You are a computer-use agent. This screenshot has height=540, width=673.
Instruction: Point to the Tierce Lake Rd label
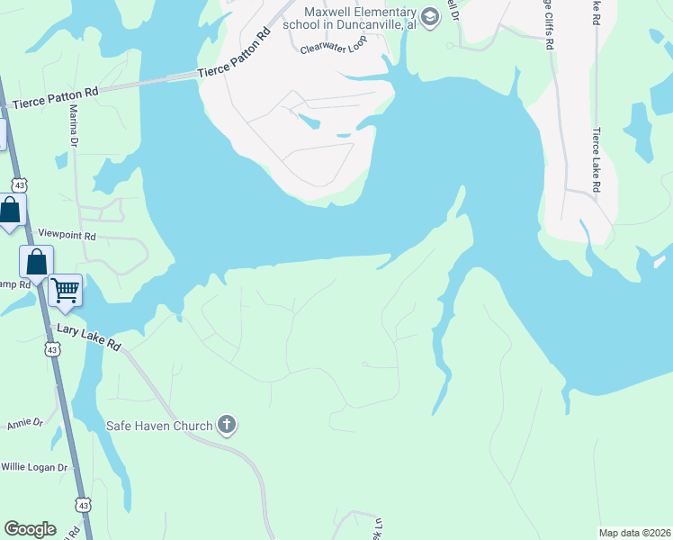[x=596, y=159]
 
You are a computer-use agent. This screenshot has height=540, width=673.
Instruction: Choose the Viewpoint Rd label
[x=67, y=234]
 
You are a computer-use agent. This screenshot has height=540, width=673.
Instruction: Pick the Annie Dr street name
[x=25, y=423]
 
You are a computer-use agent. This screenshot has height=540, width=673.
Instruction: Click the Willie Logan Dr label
[x=34, y=467]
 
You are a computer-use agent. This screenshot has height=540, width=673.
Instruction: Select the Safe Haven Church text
[x=159, y=426]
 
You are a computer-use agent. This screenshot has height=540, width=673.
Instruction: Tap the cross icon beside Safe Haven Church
[x=227, y=425]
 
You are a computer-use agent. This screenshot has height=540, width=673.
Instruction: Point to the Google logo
[x=30, y=529]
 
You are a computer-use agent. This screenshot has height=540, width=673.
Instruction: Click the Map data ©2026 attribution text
[x=635, y=533]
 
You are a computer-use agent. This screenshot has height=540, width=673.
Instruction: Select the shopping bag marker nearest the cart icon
[x=36, y=262]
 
